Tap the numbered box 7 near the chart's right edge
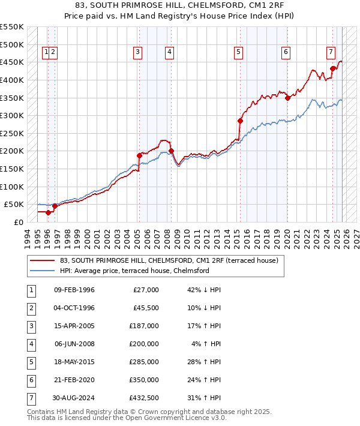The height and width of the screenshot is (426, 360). (331, 52)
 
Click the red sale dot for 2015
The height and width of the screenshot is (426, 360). (240, 121)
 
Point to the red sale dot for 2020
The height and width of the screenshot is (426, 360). (287, 98)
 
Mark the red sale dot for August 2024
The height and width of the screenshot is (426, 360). (332, 68)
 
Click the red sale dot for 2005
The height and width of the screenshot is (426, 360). (139, 155)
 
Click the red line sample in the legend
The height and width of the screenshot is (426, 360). (43, 261)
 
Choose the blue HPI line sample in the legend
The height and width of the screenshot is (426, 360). (43, 271)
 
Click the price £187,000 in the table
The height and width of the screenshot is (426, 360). (145, 326)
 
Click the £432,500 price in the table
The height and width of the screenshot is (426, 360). (145, 398)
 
